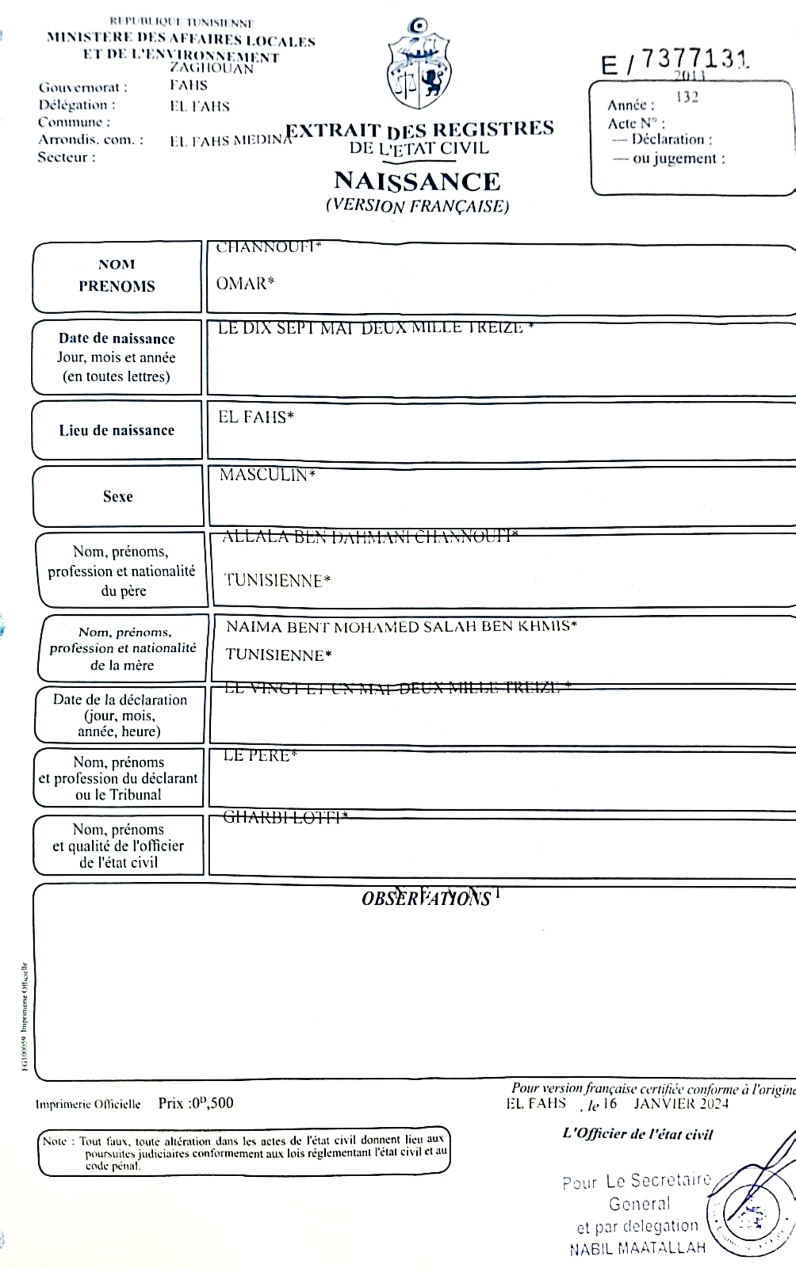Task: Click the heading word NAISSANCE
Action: click(417, 182)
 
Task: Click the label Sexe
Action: click(118, 496)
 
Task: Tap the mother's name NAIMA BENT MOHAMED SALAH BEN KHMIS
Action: click(401, 626)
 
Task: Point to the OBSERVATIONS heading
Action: click(426, 898)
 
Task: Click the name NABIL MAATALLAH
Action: click(637, 1248)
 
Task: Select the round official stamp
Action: click(750, 1216)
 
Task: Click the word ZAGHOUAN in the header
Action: click(211, 68)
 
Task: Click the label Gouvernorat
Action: click(83, 88)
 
